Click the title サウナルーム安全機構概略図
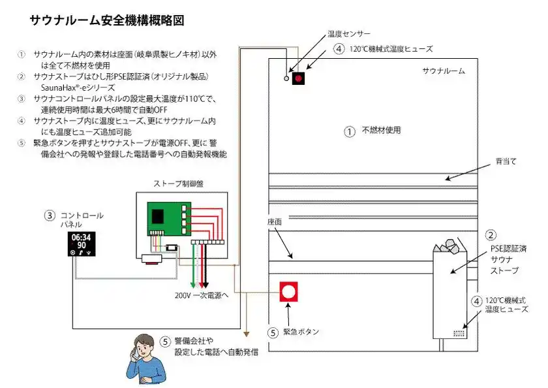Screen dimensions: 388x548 coord(106,20)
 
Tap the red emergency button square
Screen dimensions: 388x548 coord(289,291)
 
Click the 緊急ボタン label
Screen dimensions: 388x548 coord(301,332)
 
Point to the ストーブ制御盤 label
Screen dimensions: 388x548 coord(178,184)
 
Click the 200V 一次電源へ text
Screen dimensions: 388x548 coord(201,295)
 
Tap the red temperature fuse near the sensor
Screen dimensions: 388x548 coord(299,78)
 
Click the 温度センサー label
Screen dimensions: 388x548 coord(348,33)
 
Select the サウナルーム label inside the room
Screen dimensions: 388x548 coord(443,71)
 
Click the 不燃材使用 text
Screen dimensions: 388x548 coord(381,131)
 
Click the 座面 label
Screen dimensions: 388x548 coord(274,222)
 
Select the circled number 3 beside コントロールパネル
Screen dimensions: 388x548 coord(50,215)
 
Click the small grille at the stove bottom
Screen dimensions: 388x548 coord(459,332)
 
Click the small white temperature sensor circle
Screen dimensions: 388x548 coord(286,78)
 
